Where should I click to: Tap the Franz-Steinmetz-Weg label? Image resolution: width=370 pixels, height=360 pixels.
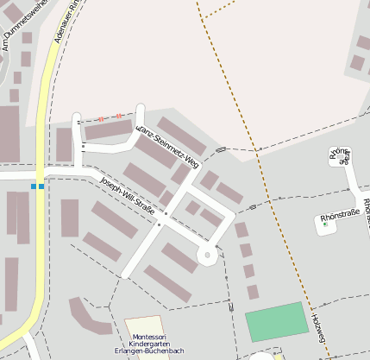click(167, 144)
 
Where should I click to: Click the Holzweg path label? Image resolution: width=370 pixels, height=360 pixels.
click(317, 328)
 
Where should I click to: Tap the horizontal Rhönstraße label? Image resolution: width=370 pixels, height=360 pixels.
click(339, 218)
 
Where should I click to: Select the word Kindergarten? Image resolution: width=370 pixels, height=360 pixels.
click(146, 344)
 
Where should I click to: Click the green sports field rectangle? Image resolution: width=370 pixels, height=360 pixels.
click(277, 321)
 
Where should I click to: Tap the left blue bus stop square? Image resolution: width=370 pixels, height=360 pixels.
click(34, 186)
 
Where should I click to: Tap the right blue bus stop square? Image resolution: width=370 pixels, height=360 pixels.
click(42, 186)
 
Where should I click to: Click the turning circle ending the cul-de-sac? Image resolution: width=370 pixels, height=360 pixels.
click(208, 255)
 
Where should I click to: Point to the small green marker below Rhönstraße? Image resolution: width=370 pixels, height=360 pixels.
click(325, 224)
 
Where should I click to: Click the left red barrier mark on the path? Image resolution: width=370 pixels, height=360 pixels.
click(101, 118)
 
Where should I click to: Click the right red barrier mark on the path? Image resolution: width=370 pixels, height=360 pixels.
click(118, 116)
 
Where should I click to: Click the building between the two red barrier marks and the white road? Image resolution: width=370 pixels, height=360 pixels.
click(108, 130)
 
